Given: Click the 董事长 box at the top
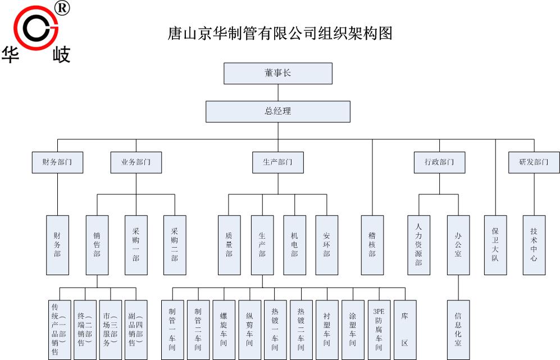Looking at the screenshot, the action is coord(278,74).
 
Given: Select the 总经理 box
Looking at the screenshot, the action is coord(278,111).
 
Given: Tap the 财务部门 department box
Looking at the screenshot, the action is coord(57,162).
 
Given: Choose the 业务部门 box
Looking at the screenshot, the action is coord(136,162).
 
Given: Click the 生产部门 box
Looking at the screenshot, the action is coord(278,162).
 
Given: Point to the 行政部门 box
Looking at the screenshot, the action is coord(440,162).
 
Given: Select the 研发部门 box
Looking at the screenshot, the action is coord(534,162).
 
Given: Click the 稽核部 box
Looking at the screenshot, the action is coord(372,245).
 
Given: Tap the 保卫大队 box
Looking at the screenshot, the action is coord(495,245).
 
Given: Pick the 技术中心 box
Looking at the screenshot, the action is coord(534,245).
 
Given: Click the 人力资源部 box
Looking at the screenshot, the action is coord(418,245).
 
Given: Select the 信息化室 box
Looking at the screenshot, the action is coord(458,330).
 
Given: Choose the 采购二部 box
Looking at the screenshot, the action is coord(175,245).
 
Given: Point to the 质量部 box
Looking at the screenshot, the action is coord(229,245).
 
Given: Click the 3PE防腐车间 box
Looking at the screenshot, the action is coord(379,330).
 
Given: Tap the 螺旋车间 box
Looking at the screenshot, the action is coord(224,330).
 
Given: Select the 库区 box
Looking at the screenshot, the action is coord(405,330).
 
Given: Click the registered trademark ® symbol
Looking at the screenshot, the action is coord(63,8).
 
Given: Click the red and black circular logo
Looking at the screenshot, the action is coord(36,28).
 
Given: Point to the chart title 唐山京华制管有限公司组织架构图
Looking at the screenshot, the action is coord(280,34).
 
